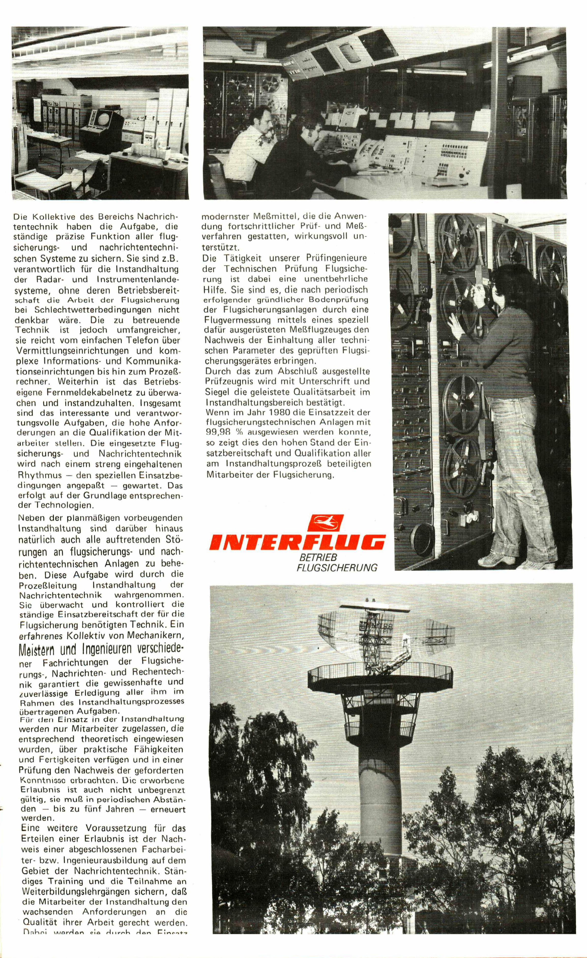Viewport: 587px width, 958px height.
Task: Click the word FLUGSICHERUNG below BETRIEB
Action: (337, 568)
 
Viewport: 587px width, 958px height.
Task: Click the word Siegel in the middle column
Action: (216, 392)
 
